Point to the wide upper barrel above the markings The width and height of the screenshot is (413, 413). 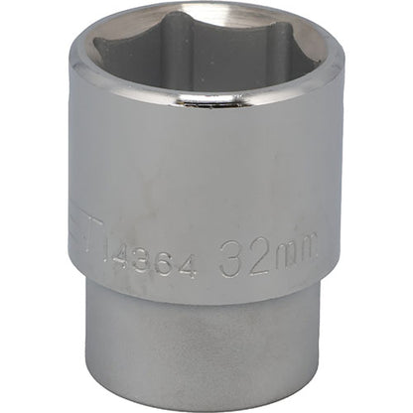208,169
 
